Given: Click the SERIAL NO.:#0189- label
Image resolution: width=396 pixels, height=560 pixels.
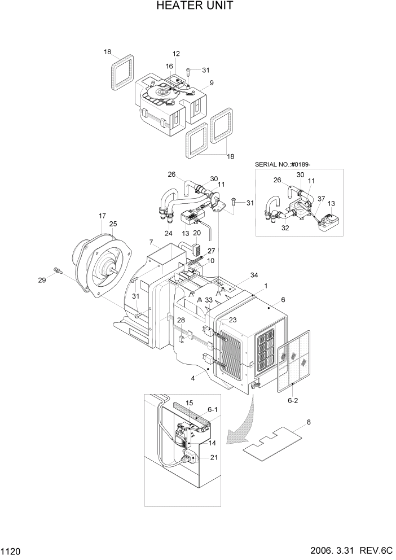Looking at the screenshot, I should tap(283, 164).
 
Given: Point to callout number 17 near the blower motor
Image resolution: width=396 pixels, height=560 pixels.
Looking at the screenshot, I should tap(102, 216).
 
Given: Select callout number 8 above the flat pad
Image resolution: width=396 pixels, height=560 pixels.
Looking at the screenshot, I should tap(308, 422).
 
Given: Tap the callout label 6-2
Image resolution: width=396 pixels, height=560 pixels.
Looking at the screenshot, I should tap(293, 400).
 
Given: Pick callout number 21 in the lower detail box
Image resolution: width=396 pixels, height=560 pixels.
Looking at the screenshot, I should tap(213, 457).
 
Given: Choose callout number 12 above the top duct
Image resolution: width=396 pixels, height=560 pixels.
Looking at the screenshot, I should tap(176, 54).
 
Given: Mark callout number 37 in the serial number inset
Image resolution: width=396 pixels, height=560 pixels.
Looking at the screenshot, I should tap(320, 198).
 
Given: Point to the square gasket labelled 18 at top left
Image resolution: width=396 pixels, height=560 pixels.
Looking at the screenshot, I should tap(122, 72).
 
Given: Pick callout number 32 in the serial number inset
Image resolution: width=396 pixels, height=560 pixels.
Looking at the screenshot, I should tap(285, 229).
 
